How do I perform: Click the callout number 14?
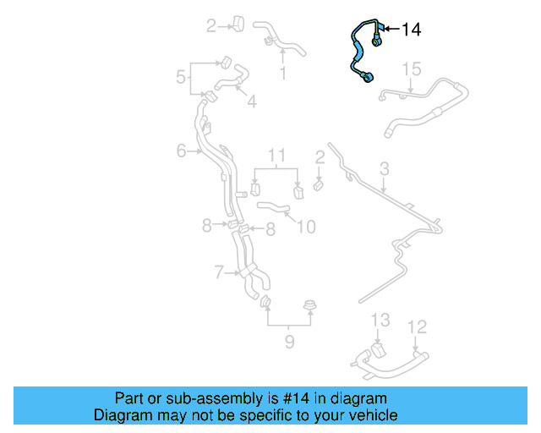(x=410, y=30)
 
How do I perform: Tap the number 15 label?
(x=411, y=69)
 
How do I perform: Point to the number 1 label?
(x=282, y=74)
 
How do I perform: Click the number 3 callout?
(x=384, y=169)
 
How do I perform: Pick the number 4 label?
(x=252, y=102)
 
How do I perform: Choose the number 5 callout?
(x=181, y=78)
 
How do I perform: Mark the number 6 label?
(x=181, y=151)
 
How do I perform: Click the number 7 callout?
(x=218, y=273)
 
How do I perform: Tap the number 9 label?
(x=288, y=342)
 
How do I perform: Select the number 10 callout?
(x=306, y=227)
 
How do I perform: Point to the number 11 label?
(x=277, y=156)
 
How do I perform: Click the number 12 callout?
(x=418, y=326)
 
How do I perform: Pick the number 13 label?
(x=380, y=320)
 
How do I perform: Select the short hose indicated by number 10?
(x=272, y=206)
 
